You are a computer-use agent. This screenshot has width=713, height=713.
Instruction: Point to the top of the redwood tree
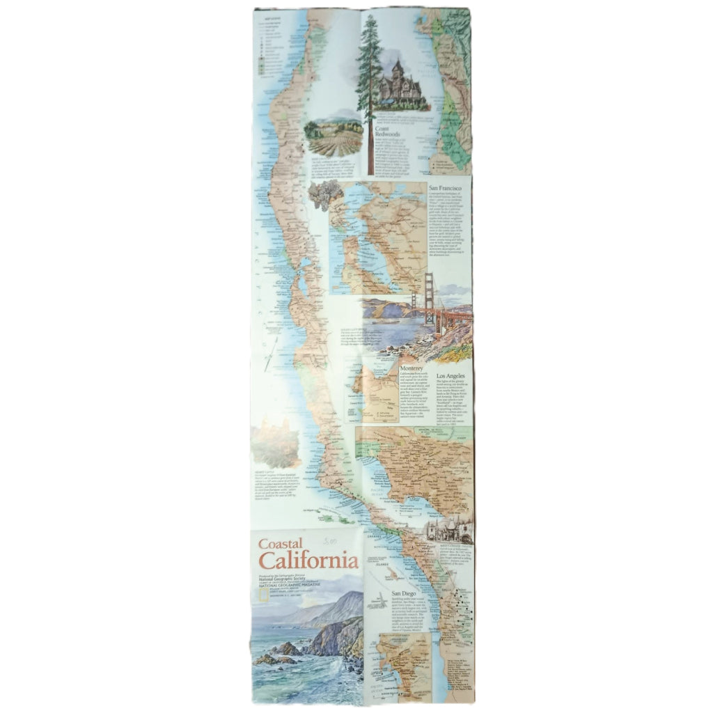pyautogui.click(x=369, y=17)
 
